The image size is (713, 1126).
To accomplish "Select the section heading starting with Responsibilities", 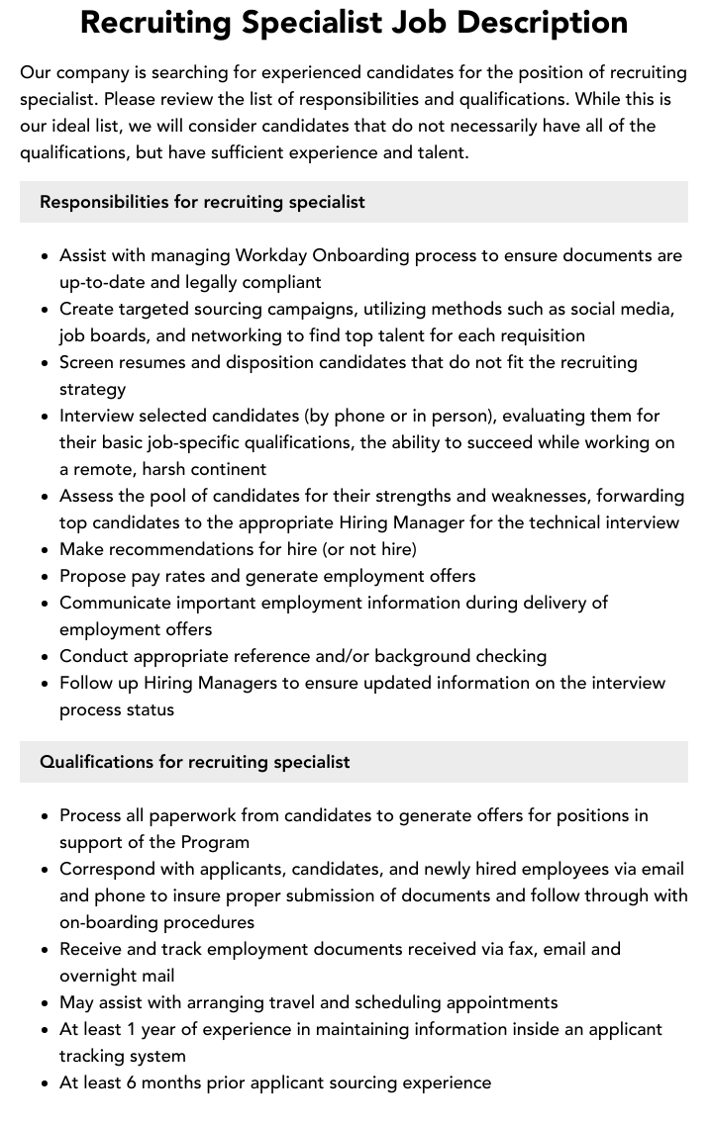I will click(x=202, y=202).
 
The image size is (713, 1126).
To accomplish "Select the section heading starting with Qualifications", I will click(x=195, y=762).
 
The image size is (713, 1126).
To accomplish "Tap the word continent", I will click(x=230, y=469).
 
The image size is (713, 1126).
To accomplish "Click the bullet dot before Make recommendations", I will click(x=46, y=549).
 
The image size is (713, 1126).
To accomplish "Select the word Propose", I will click(x=92, y=576).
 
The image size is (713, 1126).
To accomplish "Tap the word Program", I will click(x=215, y=842).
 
